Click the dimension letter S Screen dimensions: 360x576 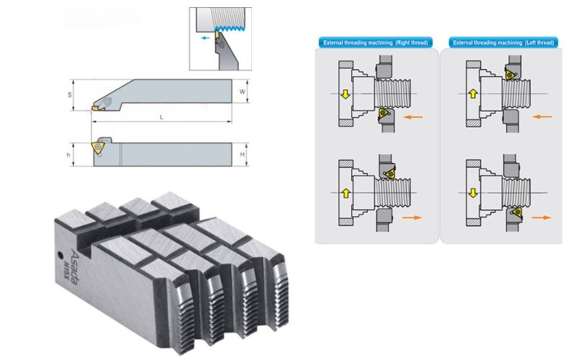69,94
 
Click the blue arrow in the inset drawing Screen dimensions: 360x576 207,34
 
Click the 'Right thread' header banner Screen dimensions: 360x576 375,43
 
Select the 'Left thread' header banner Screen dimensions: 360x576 503,43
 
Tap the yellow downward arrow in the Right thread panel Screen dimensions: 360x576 344,94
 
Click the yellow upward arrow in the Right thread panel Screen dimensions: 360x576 344,193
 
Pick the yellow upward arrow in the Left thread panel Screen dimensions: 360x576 472,94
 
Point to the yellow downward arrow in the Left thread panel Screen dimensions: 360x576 472,193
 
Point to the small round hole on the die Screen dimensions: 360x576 58,253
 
